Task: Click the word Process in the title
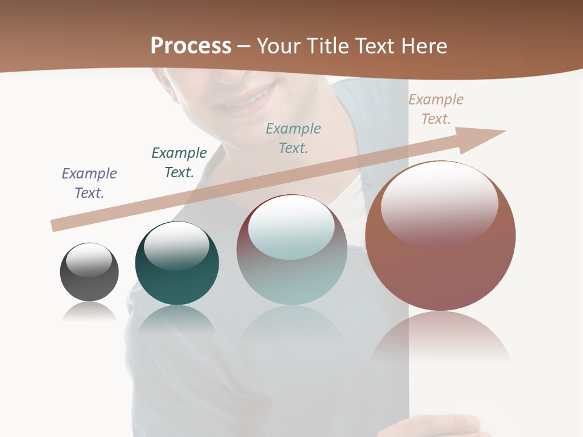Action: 191,46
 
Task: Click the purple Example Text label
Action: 89,183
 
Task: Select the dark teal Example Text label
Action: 179,163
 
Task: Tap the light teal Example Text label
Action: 293,138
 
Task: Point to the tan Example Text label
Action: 436,109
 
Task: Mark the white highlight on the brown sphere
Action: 439,203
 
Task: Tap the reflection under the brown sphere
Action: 440,337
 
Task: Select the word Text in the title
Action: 373,46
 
